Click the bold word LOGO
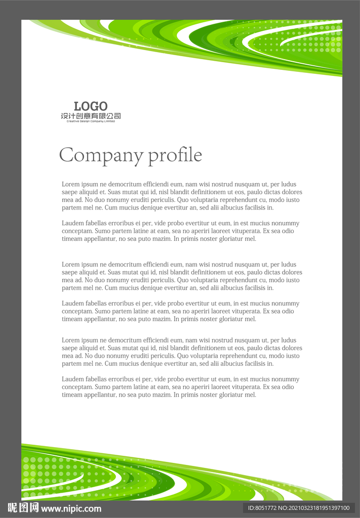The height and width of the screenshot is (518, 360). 91,106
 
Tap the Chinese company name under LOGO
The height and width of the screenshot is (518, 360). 91,116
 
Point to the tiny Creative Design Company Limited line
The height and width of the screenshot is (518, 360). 91,121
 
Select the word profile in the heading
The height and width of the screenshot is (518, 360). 175,155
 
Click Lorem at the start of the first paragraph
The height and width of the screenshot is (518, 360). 70,185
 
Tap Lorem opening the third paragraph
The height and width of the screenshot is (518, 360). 70,265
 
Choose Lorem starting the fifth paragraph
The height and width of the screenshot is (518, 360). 70,340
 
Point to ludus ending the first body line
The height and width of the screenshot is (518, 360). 289,185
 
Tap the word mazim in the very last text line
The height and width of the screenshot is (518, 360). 162,395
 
